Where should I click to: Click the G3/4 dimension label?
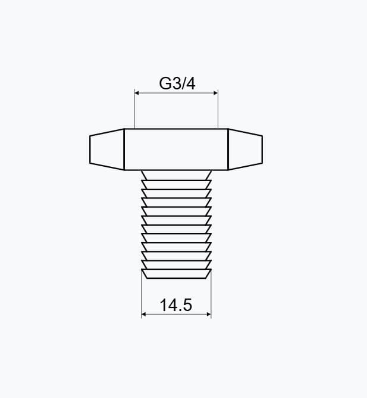coord(177,83)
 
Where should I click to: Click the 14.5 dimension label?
coord(176,305)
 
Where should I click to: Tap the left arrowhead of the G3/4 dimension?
coord(137,93)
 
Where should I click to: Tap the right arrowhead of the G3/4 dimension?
coord(216,93)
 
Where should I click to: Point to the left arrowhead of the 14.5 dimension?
coord(143,314)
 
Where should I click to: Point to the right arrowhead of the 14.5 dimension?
coord(209,314)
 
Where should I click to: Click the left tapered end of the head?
coord(106,150)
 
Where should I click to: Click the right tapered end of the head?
coord(245,150)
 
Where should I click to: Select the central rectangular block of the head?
coord(176,150)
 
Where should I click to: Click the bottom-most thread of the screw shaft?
coord(176,274)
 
